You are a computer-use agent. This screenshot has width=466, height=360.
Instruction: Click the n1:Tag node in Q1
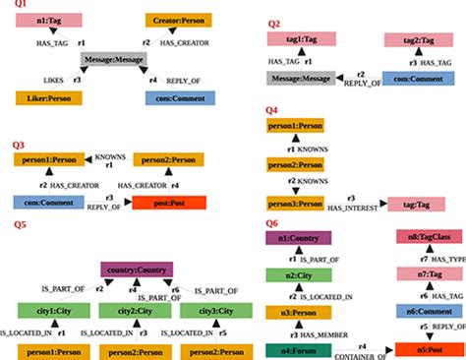[x=49, y=20]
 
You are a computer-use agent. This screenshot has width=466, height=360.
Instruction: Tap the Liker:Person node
[x=48, y=97]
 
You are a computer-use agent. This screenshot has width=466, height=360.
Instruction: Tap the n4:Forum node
[x=297, y=348]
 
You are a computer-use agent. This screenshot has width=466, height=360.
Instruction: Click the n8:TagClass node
[x=424, y=237]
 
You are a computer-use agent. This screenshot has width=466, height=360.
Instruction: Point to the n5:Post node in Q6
[x=424, y=348]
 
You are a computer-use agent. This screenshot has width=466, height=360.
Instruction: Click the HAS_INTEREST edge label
[x=357, y=210]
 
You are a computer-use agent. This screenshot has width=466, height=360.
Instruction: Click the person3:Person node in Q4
[x=297, y=203]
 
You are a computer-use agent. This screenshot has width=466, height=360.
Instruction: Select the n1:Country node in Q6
[x=297, y=237]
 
